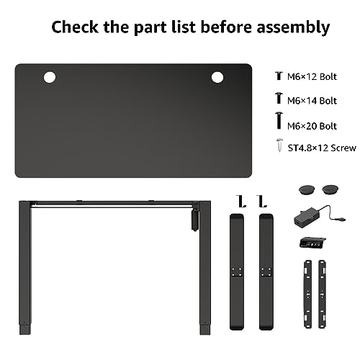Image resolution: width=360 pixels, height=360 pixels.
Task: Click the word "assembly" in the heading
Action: tap(293, 27)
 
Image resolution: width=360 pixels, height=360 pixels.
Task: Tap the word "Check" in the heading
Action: tap(75, 27)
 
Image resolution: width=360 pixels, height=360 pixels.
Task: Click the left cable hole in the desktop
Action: tap(50, 78)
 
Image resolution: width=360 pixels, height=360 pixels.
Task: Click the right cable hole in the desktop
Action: tap(217, 77)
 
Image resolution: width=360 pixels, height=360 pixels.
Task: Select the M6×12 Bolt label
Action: tap(312, 76)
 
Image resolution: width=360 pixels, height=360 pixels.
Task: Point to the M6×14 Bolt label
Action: tap(312, 101)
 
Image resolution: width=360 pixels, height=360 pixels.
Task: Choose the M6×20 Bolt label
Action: tap(312, 126)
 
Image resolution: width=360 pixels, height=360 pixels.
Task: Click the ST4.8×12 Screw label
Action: tap(322, 148)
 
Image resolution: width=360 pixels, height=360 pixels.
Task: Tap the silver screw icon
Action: tap(279, 145)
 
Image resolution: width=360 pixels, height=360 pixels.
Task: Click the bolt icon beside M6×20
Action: tap(279, 120)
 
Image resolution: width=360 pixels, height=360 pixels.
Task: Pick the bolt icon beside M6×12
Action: tap(279, 76)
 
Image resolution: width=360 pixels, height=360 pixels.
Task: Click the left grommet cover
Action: tap(307, 189)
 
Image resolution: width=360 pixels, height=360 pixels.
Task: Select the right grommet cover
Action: tap(330, 189)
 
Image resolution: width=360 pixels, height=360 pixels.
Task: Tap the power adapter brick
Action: tap(308, 217)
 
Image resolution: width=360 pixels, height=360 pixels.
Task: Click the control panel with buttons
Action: tap(312, 243)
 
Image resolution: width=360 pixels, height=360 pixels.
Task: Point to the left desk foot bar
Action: tap(237, 271)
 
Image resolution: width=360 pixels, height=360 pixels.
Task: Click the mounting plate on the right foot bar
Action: tap(266, 272)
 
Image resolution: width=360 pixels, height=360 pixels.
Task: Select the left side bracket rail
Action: tap(308, 294)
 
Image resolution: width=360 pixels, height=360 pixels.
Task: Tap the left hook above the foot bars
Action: tap(240, 201)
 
